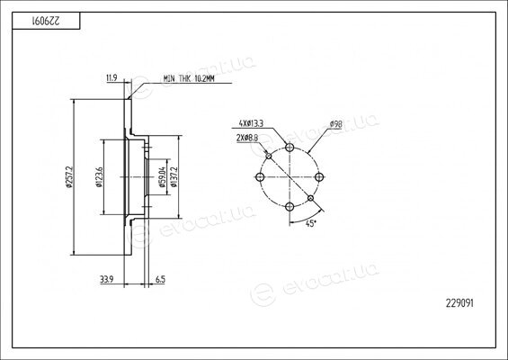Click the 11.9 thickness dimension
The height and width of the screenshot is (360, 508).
(x=111, y=77)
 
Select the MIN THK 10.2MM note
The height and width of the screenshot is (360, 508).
(x=189, y=78)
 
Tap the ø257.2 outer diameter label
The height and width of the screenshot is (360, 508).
(x=68, y=177)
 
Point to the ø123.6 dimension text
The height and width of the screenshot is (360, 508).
(x=99, y=177)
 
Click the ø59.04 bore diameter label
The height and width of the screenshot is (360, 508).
(x=162, y=177)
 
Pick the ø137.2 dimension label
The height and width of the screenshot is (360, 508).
(x=174, y=177)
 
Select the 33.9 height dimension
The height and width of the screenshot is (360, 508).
(x=107, y=279)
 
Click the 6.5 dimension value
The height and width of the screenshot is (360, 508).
(x=160, y=279)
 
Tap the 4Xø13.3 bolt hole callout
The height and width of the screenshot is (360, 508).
(x=251, y=123)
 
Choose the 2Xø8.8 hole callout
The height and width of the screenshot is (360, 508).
(x=247, y=138)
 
